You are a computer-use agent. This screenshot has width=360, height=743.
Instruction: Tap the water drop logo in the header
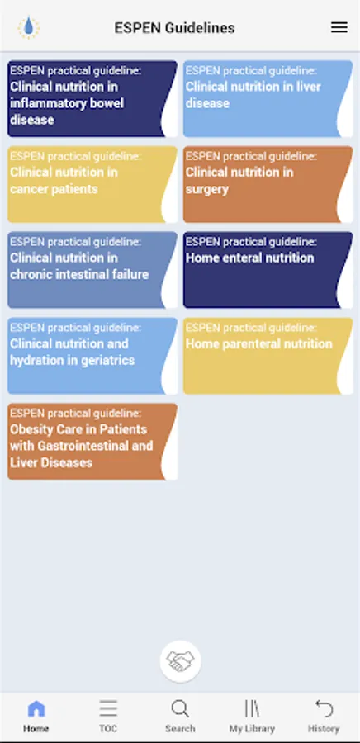tap(28, 27)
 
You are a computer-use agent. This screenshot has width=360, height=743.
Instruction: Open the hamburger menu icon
tap(339, 27)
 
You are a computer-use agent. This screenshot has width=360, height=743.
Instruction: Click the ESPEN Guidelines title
tap(174, 28)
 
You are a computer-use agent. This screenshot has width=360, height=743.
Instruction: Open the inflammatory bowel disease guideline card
tap(92, 98)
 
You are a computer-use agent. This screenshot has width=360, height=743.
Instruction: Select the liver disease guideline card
tap(268, 98)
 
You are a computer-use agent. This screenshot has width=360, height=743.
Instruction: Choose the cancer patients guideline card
tap(92, 184)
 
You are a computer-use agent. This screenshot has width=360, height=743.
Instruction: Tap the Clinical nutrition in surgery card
tap(268, 184)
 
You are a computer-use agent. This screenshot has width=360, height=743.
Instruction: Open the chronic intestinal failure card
tap(92, 270)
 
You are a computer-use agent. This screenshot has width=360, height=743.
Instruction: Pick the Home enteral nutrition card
tap(268, 270)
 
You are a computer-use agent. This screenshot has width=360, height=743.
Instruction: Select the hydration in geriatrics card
tap(92, 356)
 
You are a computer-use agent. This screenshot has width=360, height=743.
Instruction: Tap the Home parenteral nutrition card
tap(268, 356)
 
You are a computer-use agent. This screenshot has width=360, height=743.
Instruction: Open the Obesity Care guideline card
tap(92, 442)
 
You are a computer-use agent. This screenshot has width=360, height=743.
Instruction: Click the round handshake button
tap(181, 661)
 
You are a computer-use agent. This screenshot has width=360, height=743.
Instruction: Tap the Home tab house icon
tap(36, 709)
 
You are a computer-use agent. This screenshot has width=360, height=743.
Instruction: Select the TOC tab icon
tap(108, 709)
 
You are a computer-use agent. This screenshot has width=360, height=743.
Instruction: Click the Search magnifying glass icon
tap(180, 709)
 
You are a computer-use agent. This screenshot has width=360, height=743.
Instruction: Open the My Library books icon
tap(252, 709)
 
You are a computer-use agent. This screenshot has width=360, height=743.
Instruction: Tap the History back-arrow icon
tap(324, 709)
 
